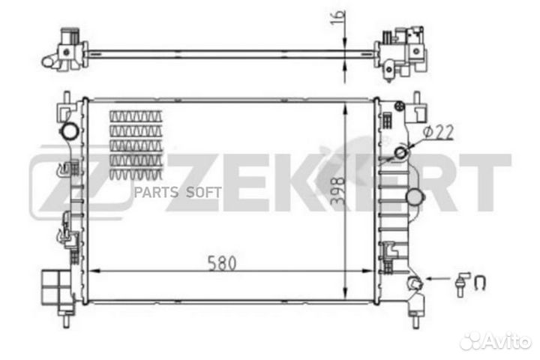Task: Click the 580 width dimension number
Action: point(222,263)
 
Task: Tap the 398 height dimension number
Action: point(337,190)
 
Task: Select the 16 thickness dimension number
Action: point(337,17)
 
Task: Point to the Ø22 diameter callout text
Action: point(438,132)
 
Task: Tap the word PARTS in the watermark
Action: point(156,192)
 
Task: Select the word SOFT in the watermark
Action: point(203,192)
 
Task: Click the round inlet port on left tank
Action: point(70,130)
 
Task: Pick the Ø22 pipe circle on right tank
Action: point(400,152)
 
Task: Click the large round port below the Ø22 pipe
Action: point(415,197)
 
